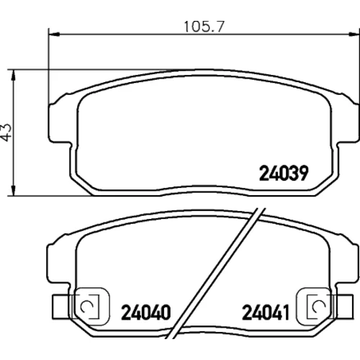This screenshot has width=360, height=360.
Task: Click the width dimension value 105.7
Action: pos(204,27)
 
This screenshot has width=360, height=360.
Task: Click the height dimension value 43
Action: pos(6,132)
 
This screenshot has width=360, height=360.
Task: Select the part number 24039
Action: pos(284,174)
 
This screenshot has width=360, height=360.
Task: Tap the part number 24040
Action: pos(146,312)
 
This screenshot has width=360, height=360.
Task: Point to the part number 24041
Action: pos(266,312)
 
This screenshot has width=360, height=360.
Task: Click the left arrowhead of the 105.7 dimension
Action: pos(54,35)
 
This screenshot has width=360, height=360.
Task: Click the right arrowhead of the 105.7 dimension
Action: pos(354,35)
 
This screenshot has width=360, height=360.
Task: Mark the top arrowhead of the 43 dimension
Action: pos(14,76)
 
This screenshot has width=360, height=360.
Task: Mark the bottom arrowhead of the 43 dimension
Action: pos(14,191)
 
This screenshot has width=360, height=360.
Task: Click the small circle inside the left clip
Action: pos(86,307)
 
